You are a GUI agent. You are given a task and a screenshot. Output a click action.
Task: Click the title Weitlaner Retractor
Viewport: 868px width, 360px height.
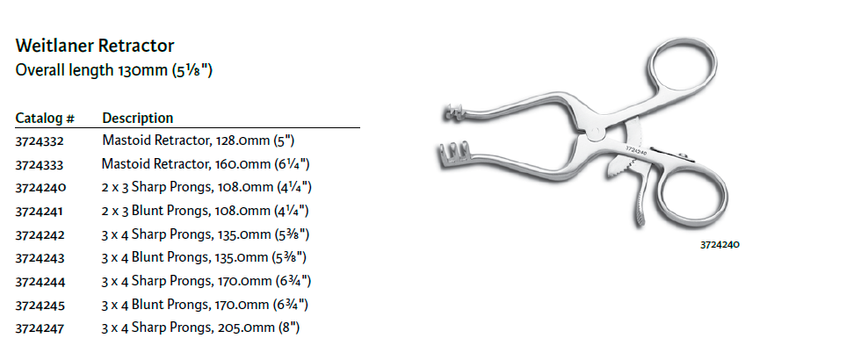(x=95, y=46)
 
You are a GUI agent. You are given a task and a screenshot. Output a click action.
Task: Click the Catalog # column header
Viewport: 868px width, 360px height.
(x=45, y=119)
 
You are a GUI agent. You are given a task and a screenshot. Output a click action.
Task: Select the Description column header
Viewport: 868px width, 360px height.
(x=138, y=119)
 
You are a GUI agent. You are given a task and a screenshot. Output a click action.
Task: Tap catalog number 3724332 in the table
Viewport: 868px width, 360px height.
(x=40, y=141)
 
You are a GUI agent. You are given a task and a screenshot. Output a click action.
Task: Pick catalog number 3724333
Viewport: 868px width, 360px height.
(x=40, y=165)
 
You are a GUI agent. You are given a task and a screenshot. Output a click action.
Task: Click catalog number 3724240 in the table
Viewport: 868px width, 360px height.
(x=41, y=188)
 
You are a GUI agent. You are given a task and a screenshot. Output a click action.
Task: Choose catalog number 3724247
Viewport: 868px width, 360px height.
(x=40, y=328)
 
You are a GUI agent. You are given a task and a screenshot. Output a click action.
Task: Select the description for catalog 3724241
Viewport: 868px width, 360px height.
(x=206, y=211)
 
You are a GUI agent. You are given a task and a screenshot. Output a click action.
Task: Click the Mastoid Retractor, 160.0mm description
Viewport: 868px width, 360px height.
(x=206, y=164)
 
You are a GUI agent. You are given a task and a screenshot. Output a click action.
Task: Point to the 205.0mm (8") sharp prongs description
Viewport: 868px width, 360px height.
(x=201, y=328)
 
